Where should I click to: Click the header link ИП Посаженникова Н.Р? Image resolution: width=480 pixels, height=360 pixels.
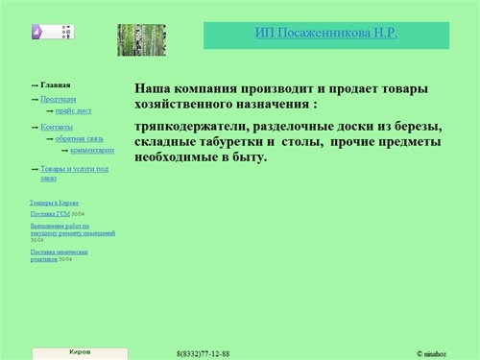pos(325,33)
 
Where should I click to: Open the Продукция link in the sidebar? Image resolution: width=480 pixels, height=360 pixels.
pos(59,99)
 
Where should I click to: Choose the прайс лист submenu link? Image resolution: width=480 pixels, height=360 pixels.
pos(74,111)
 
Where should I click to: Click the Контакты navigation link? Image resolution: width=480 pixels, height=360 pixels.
pos(58,127)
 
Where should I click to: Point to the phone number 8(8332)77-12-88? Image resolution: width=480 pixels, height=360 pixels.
pos(204,354)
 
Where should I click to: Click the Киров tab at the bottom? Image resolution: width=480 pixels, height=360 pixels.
pos(81,352)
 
